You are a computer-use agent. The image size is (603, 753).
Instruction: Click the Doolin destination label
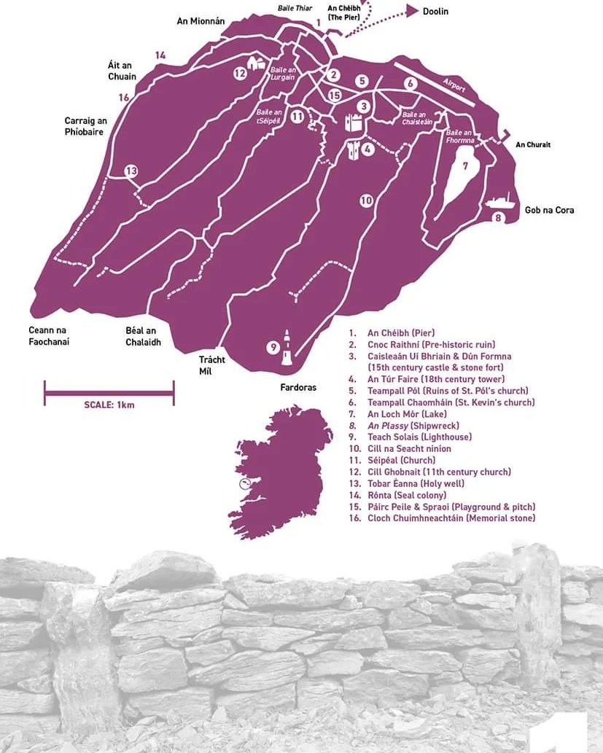click(x=435, y=12)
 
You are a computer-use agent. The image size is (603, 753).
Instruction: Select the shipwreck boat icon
click(x=499, y=201)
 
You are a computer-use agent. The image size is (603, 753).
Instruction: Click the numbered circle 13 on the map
click(x=131, y=171)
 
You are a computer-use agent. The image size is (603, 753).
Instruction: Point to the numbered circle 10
click(x=366, y=200)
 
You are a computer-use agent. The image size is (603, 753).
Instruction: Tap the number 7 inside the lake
click(x=464, y=165)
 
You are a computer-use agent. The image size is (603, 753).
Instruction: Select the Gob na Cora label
click(x=549, y=210)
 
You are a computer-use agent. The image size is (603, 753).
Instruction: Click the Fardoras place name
click(x=298, y=388)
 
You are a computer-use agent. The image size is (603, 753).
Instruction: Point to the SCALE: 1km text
click(x=109, y=405)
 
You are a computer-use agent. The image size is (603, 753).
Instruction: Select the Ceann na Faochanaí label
click(x=52, y=335)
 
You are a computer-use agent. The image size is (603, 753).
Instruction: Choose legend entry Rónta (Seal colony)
click(x=406, y=495)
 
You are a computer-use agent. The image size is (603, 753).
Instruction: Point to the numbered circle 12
click(x=241, y=73)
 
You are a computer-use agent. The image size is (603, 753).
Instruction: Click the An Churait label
click(x=533, y=144)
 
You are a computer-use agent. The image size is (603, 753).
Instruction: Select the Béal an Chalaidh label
click(x=143, y=336)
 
